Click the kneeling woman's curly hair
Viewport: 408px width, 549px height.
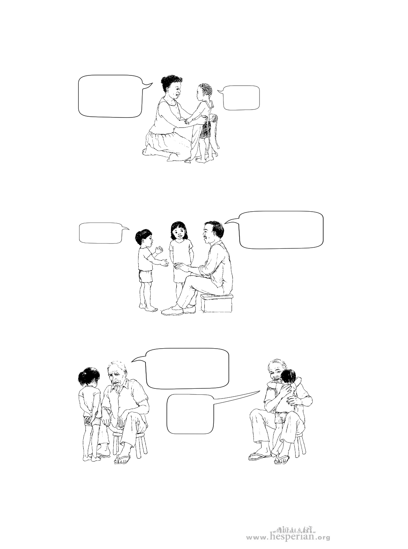coord(172,82)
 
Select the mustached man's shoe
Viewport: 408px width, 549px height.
coord(172,311)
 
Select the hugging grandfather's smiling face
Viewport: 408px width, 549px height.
coord(276,374)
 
